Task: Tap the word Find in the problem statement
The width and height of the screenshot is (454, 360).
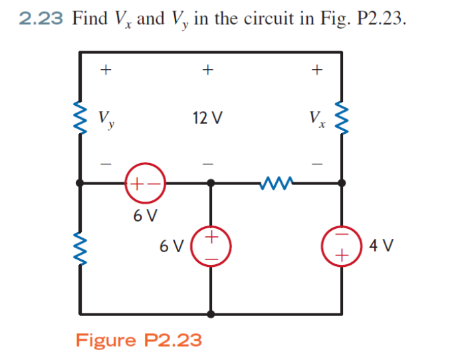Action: [90, 18]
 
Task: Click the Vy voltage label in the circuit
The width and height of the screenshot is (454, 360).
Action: [106, 120]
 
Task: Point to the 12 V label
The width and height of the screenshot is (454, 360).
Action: [207, 119]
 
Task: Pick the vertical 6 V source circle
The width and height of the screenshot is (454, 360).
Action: [211, 246]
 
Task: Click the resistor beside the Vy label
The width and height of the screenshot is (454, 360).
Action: [81, 118]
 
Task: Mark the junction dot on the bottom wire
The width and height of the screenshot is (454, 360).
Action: [211, 312]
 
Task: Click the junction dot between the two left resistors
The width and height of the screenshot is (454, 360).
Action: [81, 182]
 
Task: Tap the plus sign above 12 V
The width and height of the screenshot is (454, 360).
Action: [208, 68]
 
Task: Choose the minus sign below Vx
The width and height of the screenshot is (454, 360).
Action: [318, 162]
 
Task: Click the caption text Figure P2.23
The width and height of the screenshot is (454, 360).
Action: [138, 340]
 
